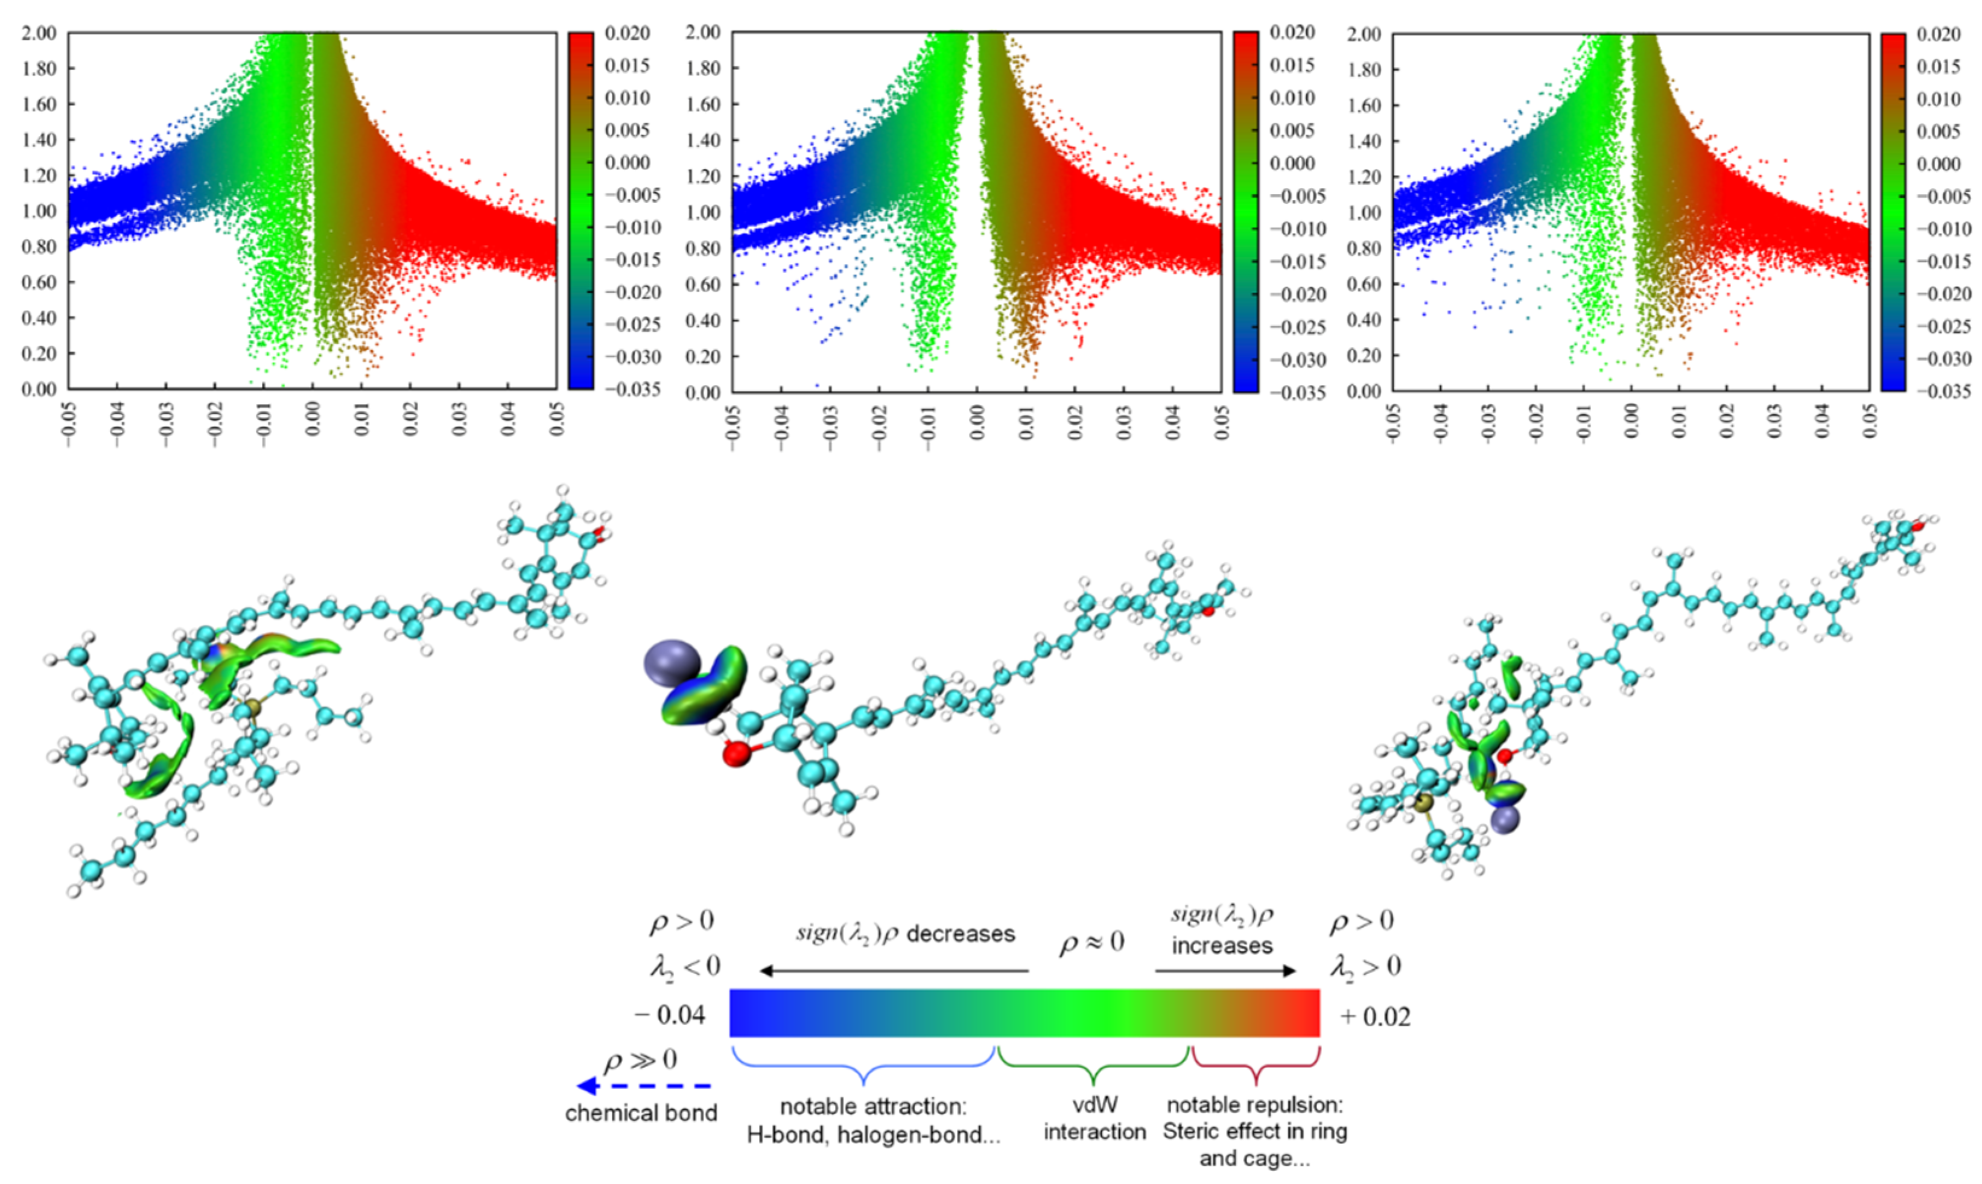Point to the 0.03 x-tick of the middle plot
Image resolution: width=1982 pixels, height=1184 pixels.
pyautogui.click(x=1123, y=423)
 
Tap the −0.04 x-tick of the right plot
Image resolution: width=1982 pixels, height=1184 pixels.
pyautogui.click(x=1440, y=423)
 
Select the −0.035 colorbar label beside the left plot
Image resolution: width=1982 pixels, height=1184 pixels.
pyautogui.click(x=633, y=390)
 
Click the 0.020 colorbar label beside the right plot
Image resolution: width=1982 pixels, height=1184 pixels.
pyautogui.click(x=1939, y=34)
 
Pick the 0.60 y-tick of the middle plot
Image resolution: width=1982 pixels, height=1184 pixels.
pyautogui.click(x=703, y=285)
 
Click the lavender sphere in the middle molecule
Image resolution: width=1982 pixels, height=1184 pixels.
pyautogui.click(x=672, y=663)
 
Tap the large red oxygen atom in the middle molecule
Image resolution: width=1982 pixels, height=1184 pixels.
pyautogui.click(x=735, y=753)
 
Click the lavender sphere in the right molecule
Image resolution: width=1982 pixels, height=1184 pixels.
pyautogui.click(x=1505, y=819)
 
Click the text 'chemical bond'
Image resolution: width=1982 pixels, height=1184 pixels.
pyautogui.click(x=641, y=1113)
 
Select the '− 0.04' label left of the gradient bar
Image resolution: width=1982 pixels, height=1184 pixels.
pyautogui.click(x=670, y=1015)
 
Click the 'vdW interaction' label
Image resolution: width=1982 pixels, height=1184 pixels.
pyautogui.click(x=1094, y=1118)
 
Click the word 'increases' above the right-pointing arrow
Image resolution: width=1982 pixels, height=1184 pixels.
pyautogui.click(x=1222, y=946)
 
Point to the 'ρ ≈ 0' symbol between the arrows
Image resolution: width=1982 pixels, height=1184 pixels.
pyautogui.click(x=1091, y=943)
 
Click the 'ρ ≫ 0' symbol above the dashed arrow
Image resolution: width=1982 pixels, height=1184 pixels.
pyautogui.click(x=641, y=1060)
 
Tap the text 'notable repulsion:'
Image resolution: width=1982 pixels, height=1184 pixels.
pyautogui.click(x=1254, y=1105)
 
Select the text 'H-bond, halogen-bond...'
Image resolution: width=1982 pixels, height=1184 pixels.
pyautogui.click(x=873, y=1135)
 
